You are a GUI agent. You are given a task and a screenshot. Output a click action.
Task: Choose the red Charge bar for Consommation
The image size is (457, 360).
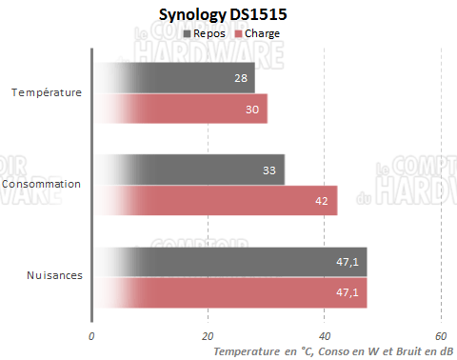click(219, 200)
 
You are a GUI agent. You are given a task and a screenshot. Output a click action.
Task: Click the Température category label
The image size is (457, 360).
click(46, 93)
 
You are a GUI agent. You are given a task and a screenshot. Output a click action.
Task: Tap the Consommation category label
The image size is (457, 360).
click(42, 184)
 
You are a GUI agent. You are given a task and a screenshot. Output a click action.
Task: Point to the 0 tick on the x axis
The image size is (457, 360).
click(91, 336)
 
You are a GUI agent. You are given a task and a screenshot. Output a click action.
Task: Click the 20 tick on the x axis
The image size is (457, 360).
click(208, 336)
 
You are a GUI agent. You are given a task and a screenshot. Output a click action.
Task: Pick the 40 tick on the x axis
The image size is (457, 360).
click(325, 336)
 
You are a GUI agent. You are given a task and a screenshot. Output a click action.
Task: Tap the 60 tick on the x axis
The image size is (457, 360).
click(441, 336)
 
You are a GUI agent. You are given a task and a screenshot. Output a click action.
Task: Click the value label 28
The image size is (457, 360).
click(241, 78)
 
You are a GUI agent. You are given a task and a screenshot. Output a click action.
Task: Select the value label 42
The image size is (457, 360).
click(323, 200)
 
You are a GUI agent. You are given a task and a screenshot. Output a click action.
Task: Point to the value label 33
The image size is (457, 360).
click(270, 170)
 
